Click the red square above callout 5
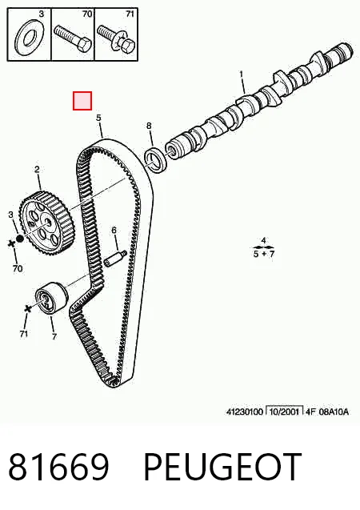click(x=82, y=101)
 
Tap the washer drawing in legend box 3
click(x=28, y=38)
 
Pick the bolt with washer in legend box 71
click(x=116, y=38)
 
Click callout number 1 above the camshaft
click(x=242, y=74)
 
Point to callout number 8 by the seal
click(x=149, y=126)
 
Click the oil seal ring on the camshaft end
click(x=156, y=161)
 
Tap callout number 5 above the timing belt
click(x=98, y=118)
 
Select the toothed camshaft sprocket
click(x=47, y=223)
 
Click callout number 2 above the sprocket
click(x=37, y=170)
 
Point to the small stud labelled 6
click(x=115, y=259)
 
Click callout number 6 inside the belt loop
click(x=114, y=231)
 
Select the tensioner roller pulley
click(x=51, y=299)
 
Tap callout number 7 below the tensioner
click(x=54, y=337)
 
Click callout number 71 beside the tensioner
click(x=23, y=334)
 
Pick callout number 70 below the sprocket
click(x=18, y=268)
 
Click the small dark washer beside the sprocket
click(x=19, y=239)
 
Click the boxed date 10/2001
click(x=284, y=412)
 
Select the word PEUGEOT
click(x=222, y=467)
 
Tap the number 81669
click(x=58, y=467)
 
